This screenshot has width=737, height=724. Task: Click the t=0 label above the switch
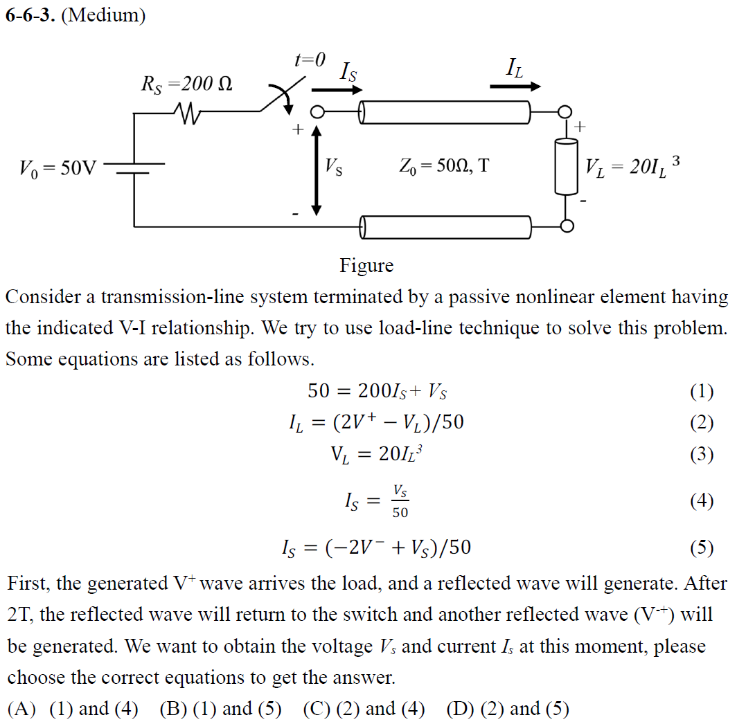pos(309,60)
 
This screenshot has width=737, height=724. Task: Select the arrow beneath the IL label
pos(515,87)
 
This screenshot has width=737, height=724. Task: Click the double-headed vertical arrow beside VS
pos(316,169)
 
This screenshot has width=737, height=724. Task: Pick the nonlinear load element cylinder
pos(566,166)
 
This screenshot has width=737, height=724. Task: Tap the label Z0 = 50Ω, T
pos(443,166)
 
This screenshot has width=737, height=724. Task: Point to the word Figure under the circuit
pos(366,266)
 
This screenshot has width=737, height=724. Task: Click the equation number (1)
pos(701,392)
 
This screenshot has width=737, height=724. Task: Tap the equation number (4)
pos(701,501)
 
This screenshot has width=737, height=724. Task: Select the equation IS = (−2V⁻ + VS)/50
pos(373,548)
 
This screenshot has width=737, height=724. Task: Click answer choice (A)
pos(72,709)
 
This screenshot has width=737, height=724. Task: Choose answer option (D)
pos(508,709)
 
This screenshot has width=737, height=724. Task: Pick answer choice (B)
pos(220,709)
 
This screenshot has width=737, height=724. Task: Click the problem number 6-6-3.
pos(30,16)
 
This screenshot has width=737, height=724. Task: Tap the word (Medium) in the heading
pos(104,16)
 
